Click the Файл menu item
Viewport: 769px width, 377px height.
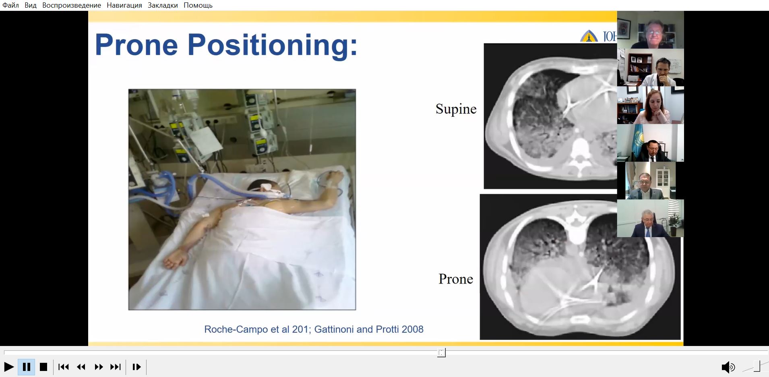tap(11, 5)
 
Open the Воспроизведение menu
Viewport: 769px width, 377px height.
tap(72, 5)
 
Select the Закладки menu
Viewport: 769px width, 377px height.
tap(163, 5)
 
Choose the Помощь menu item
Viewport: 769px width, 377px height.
tap(198, 5)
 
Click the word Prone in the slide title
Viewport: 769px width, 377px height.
tap(136, 45)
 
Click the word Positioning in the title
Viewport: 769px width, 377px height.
tap(273, 46)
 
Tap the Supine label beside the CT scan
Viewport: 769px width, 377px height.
tap(456, 109)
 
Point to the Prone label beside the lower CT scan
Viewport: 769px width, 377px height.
tap(456, 279)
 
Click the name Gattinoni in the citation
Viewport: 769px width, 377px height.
tap(333, 329)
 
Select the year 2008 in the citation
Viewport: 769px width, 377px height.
tap(412, 329)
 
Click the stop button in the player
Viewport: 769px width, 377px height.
tap(43, 367)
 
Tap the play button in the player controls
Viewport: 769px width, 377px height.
tap(9, 367)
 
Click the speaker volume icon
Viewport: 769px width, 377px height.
tap(728, 367)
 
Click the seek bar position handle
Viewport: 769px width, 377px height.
tap(442, 353)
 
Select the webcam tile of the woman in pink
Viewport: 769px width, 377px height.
tap(650, 106)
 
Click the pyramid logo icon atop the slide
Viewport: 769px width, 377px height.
tap(589, 36)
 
